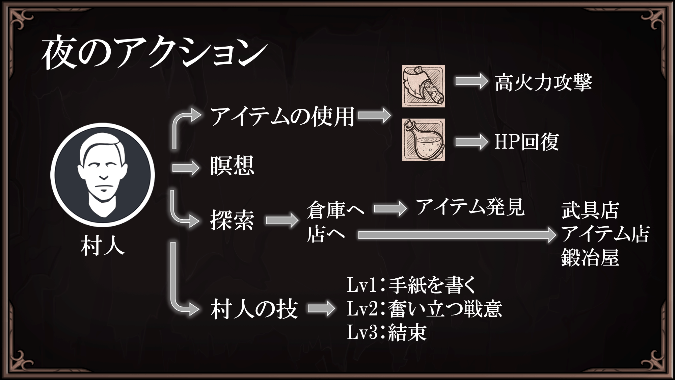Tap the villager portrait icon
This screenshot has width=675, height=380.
(x=103, y=175)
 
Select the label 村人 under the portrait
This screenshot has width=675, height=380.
(x=103, y=246)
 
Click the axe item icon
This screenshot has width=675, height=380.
(x=423, y=86)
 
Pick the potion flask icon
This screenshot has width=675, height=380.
(x=423, y=140)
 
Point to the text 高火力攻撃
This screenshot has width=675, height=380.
(x=543, y=82)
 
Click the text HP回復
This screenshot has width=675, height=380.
(x=526, y=142)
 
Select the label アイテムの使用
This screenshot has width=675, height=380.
(x=282, y=116)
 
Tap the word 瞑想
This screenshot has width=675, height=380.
(x=232, y=166)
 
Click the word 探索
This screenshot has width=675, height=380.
(x=232, y=220)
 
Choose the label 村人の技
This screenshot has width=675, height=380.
(x=254, y=309)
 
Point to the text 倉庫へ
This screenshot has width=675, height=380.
(x=335, y=209)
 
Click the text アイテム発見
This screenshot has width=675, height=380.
(x=470, y=207)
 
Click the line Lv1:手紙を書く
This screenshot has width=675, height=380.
(x=411, y=285)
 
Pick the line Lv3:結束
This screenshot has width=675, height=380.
(x=387, y=332)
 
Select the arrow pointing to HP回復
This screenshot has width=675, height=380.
(x=471, y=142)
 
